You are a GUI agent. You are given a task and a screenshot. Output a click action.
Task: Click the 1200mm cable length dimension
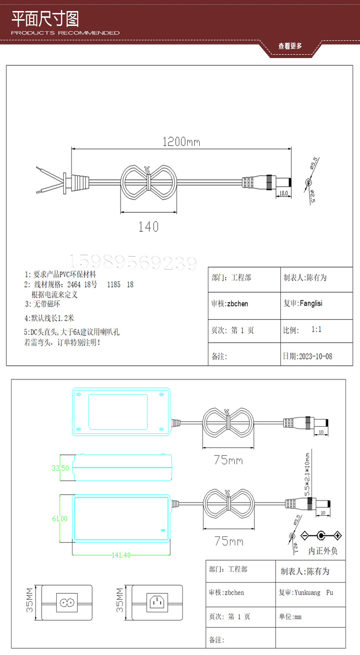[x=181, y=142]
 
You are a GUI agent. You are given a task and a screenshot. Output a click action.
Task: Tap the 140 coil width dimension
[x=148, y=226]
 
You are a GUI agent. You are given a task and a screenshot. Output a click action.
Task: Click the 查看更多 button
[x=290, y=46]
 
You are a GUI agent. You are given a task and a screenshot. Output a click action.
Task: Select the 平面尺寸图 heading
[x=45, y=19]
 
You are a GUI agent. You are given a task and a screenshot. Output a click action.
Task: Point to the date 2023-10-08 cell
[x=308, y=357]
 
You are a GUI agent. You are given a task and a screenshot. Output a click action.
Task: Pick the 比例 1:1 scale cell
[x=302, y=330]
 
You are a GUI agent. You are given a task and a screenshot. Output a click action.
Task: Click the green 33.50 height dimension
[x=60, y=468]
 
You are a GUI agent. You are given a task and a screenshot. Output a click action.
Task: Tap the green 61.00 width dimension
[x=60, y=519]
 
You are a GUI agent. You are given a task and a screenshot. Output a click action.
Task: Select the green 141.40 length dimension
[x=121, y=555]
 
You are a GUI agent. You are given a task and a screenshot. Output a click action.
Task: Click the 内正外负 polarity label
[x=323, y=550]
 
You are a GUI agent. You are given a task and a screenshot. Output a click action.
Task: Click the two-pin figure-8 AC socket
[x=67, y=601]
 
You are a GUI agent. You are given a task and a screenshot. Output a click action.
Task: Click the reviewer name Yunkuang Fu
[x=306, y=593]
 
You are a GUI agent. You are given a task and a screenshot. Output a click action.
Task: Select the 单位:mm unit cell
[x=290, y=617]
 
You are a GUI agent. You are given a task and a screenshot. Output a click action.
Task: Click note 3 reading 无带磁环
[x=43, y=304]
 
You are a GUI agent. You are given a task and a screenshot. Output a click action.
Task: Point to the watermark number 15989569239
[x=134, y=262]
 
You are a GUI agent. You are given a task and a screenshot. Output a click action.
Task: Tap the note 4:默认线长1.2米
[x=49, y=318]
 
